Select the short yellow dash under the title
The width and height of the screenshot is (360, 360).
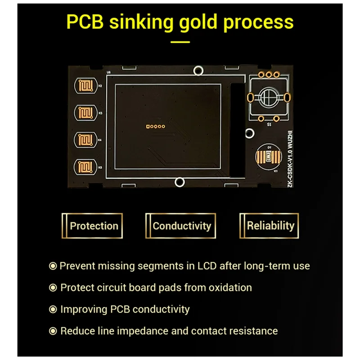click(180, 43)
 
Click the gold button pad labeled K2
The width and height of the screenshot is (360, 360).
click(85, 85)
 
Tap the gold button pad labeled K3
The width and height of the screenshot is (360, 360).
click(85, 112)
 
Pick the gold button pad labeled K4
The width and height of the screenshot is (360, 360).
click(85, 139)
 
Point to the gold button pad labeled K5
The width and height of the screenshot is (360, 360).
click(85, 166)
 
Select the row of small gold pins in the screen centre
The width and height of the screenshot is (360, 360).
click(155, 126)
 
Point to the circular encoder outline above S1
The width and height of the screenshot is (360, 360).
click(268, 96)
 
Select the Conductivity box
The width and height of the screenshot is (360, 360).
click(181, 226)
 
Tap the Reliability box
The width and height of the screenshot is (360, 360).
click(270, 226)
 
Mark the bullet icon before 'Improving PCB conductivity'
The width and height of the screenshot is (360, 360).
click(53, 310)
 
